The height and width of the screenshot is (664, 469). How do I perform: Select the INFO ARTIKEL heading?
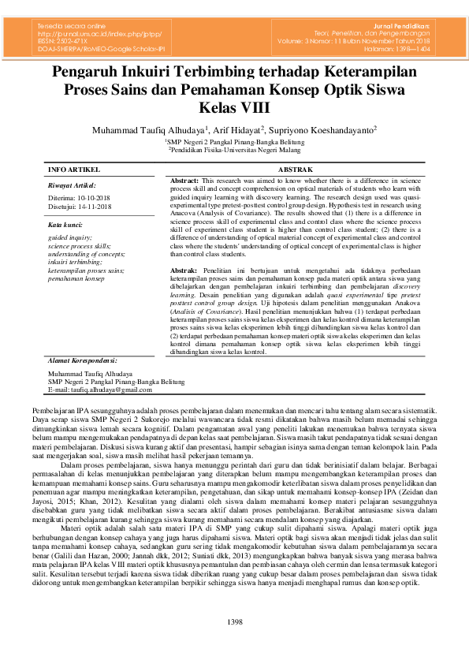pos(74,170)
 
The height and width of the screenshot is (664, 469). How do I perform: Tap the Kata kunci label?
pos(66,225)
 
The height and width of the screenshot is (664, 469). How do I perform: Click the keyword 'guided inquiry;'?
pos(70,237)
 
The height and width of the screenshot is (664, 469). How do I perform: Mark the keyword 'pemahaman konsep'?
pos(76,278)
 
